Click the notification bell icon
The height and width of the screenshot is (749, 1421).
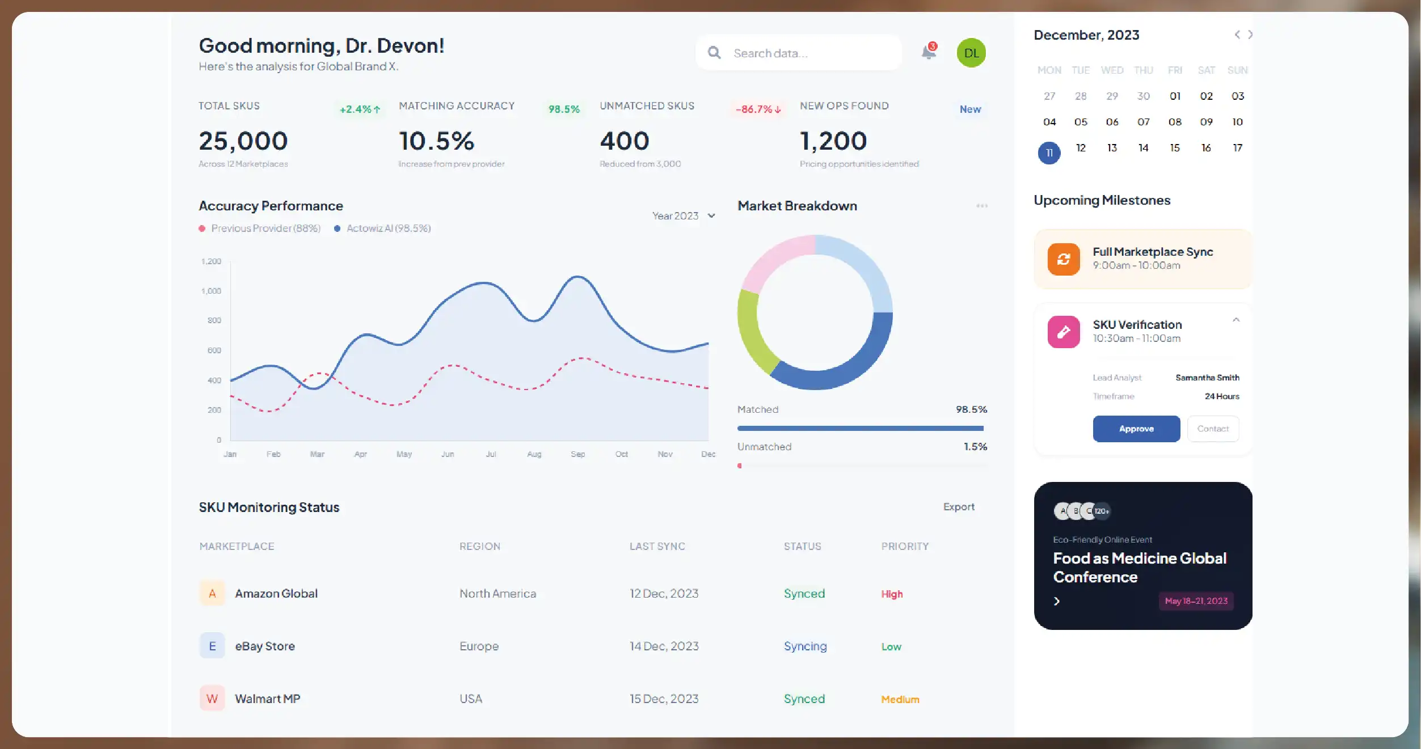click(929, 52)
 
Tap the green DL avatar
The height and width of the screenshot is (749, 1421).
click(971, 53)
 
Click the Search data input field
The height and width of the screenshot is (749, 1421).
click(806, 53)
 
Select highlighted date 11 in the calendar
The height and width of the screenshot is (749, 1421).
click(1049, 153)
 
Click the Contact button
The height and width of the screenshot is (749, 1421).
click(1213, 429)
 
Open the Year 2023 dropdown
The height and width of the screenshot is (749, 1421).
click(684, 216)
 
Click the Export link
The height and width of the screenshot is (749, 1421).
click(959, 507)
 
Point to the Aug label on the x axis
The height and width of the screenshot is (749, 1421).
click(534, 454)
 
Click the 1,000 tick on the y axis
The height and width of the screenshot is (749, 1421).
click(211, 291)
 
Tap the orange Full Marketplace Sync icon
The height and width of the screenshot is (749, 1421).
click(1064, 259)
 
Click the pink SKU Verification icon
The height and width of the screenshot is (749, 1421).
click(1064, 332)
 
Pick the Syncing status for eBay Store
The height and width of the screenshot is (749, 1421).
click(805, 646)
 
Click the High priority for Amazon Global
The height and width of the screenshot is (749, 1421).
click(892, 594)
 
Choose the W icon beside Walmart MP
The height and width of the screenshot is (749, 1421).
click(212, 699)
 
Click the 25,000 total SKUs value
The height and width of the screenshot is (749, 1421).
click(243, 141)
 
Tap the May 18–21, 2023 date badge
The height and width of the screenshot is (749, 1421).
click(1196, 601)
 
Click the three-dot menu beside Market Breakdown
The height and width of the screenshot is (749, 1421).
click(982, 206)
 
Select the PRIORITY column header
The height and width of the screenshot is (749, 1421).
click(905, 547)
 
